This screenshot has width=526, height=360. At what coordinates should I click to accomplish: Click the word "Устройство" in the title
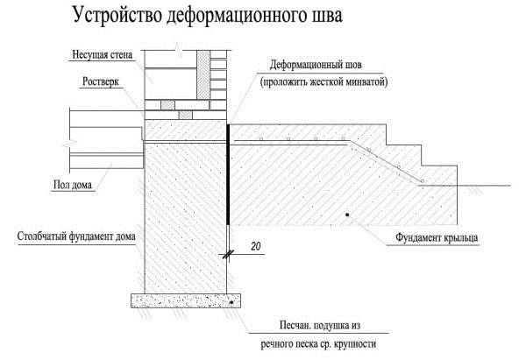[x=108, y=17]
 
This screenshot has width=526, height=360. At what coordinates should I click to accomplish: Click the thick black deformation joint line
[x=229, y=175]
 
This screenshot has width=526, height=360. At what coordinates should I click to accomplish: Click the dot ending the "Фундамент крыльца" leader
[x=347, y=214]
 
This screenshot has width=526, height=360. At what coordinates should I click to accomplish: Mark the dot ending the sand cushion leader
[x=233, y=302]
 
